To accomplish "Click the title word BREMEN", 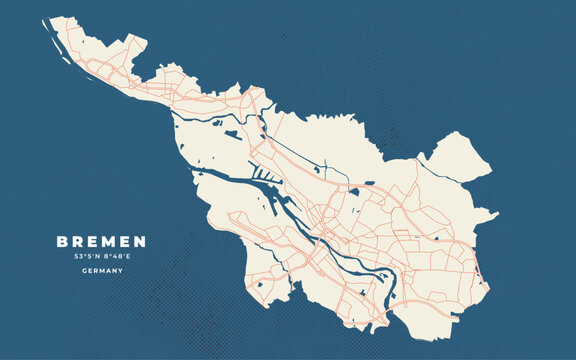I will click(x=101, y=242).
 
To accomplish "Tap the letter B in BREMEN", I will click(x=62, y=242).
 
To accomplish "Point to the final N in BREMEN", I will click(x=140, y=242).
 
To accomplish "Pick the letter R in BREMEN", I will click(x=78, y=242).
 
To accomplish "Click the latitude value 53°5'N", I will click(x=87, y=257).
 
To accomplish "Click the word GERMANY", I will click(x=101, y=270).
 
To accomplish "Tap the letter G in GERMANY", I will click(x=81, y=270).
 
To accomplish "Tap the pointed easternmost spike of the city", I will click(x=495, y=214).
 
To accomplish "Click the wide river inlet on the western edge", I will click(x=215, y=180).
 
